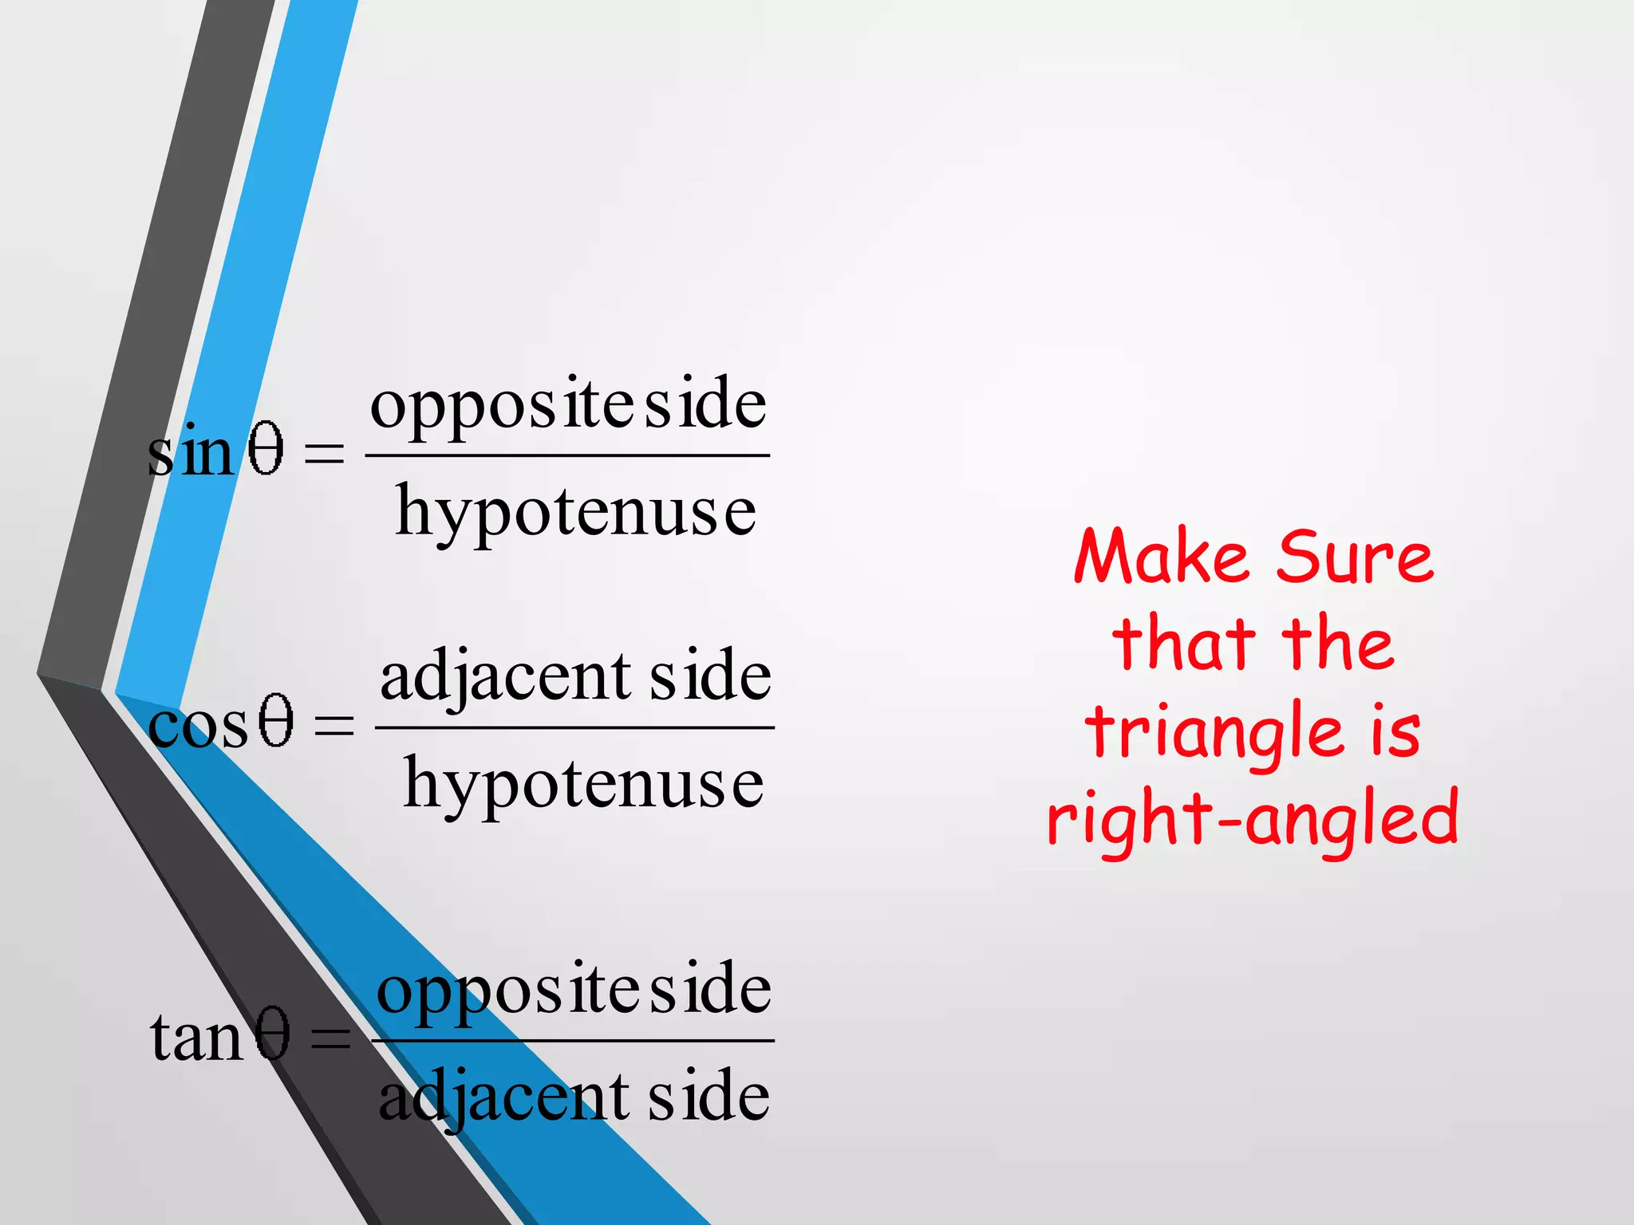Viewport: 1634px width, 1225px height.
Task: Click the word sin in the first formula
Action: [190, 451]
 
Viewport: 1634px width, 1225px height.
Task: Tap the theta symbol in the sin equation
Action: [266, 450]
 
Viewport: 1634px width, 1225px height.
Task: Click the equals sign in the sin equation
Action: [325, 455]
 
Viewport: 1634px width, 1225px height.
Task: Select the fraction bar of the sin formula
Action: [566, 455]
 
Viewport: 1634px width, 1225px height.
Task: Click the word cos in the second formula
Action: [198, 726]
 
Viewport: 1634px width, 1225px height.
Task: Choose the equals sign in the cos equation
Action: [334, 726]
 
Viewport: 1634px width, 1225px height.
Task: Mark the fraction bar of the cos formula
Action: [574, 727]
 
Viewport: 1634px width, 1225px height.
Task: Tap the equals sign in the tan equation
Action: [330, 1038]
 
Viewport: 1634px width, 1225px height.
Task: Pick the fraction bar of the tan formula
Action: [573, 1041]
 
